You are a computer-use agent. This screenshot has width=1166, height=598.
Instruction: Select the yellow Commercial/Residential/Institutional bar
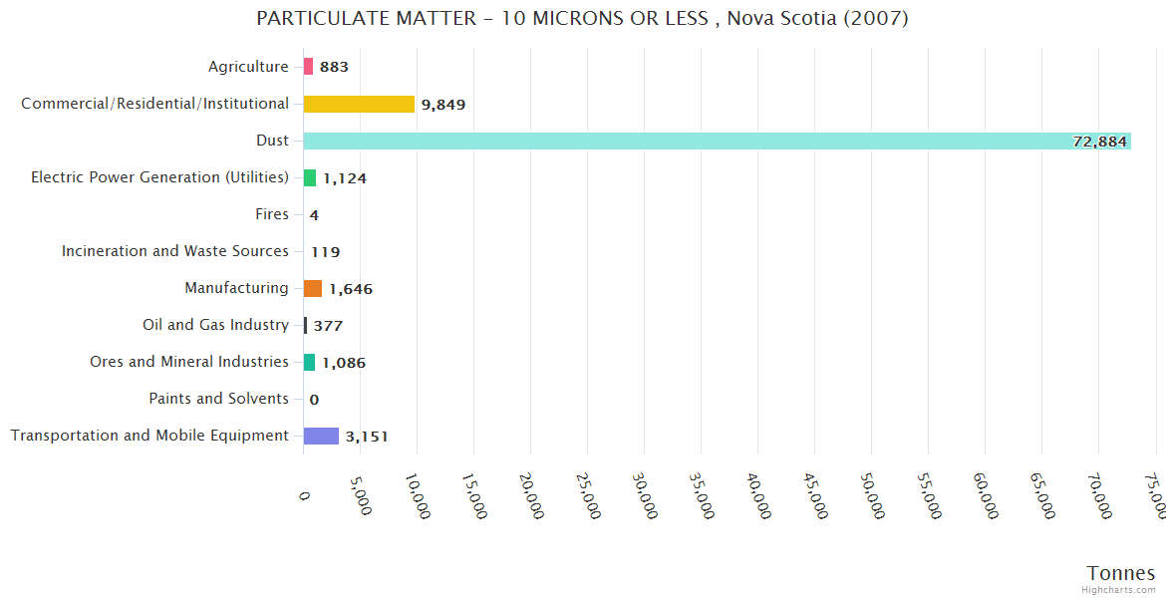tap(359, 104)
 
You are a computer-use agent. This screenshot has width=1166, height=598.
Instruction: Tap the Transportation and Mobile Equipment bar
tap(321, 436)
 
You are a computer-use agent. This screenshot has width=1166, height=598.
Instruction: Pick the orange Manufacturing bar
tap(313, 288)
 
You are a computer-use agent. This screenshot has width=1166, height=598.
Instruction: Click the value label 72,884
tap(1099, 142)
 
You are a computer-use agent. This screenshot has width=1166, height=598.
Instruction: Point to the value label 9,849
tap(443, 105)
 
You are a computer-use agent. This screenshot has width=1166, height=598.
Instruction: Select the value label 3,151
tap(367, 437)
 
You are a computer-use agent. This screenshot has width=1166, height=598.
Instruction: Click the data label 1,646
tap(351, 289)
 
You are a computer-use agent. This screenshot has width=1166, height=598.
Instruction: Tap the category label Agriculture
tap(248, 67)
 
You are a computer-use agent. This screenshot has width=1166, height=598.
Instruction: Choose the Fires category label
tap(272, 214)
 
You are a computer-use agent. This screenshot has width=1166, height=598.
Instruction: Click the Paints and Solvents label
tap(218, 399)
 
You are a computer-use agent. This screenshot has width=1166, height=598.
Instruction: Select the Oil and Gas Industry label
tap(215, 325)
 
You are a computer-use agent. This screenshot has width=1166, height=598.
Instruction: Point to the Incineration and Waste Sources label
tap(175, 251)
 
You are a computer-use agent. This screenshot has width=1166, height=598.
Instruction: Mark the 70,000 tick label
tap(1102, 495)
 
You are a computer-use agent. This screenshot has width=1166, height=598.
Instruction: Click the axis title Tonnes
tap(1120, 573)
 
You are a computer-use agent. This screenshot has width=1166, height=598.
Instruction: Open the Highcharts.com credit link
tap(1119, 590)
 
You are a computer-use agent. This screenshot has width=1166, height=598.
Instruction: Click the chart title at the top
tap(582, 19)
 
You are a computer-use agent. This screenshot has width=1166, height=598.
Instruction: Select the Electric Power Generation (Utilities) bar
tap(310, 177)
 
